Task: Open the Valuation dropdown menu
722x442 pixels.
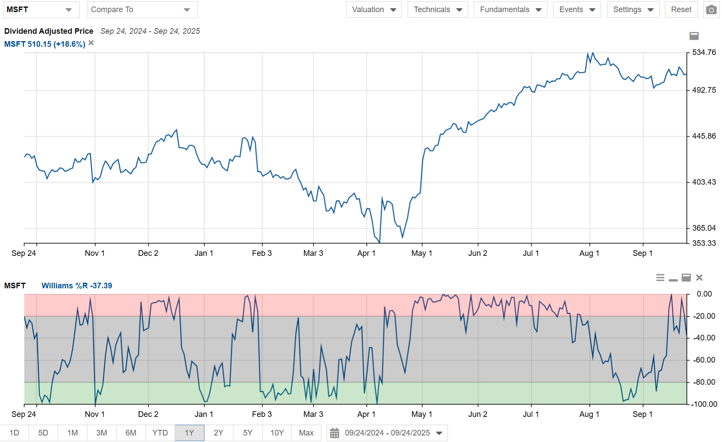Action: coord(374,10)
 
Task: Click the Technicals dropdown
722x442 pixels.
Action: coord(437,10)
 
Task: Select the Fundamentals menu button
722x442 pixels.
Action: coord(510,10)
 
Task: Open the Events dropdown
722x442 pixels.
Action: coord(576,10)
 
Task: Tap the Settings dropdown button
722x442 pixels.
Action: coord(633,10)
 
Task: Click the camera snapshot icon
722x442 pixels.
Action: coord(711,10)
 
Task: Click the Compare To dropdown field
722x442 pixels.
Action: coord(142,10)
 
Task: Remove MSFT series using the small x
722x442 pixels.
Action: coord(91,43)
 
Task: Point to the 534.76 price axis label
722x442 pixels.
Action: coord(704,52)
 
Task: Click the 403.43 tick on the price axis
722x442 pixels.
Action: coord(704,182)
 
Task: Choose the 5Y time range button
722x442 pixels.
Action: coord(248,433)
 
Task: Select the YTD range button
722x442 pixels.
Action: coord(160,433)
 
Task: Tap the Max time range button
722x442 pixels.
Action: coord(306,433)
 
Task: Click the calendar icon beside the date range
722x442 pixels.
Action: coord(334,433)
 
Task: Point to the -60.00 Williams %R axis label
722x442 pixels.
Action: coord(704,360)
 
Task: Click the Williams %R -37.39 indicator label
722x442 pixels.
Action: coord(77,286)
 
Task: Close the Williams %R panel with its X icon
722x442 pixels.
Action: coord(699,277)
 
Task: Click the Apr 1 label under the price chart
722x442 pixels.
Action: coord(366,253)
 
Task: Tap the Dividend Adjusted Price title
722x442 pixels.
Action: coord(49,31)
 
